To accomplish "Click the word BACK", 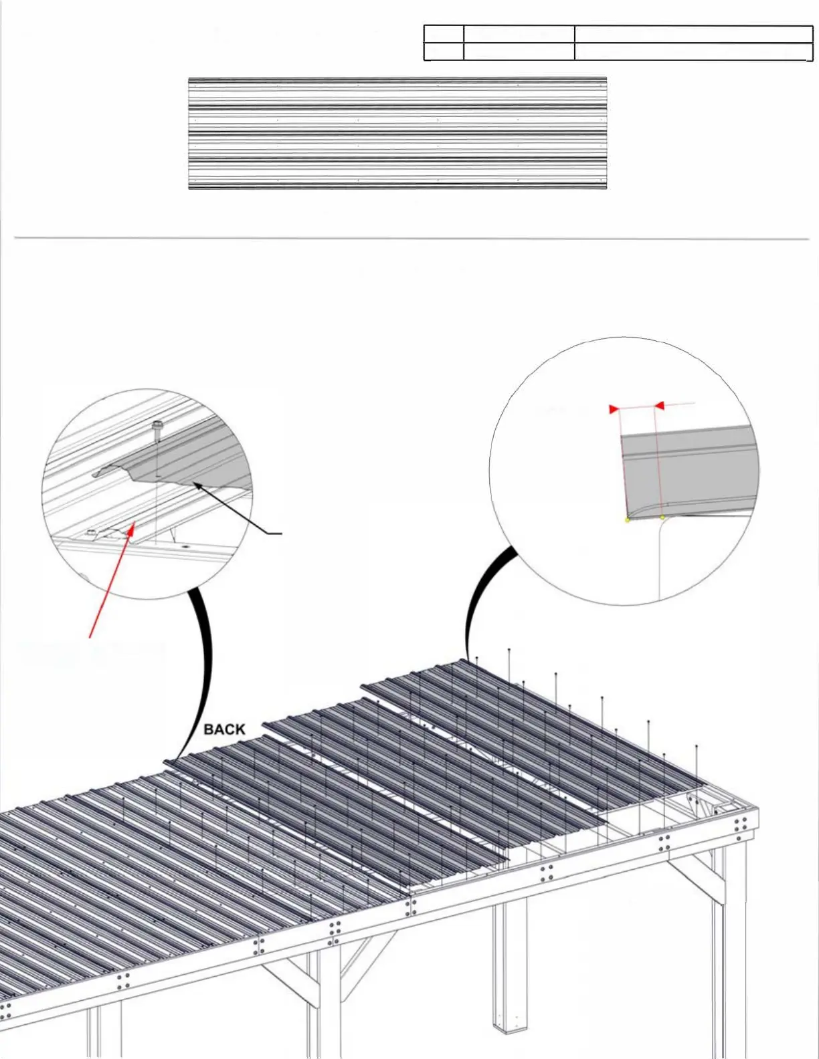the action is click(x=224, y=729).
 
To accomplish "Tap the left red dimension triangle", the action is click(x=614, y=409).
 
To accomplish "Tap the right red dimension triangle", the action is click(x=659, y=405).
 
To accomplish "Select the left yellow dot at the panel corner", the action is click(x=627, y=519).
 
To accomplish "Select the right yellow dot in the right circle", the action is click(x=662, y=517).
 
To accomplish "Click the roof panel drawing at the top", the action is click(x=397, y=133).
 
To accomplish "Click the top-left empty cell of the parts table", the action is click(x=444, y=33).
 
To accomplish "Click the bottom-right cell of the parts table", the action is click(x=693, y=51).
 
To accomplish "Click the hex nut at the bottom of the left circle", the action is click(x=91, y=532).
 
